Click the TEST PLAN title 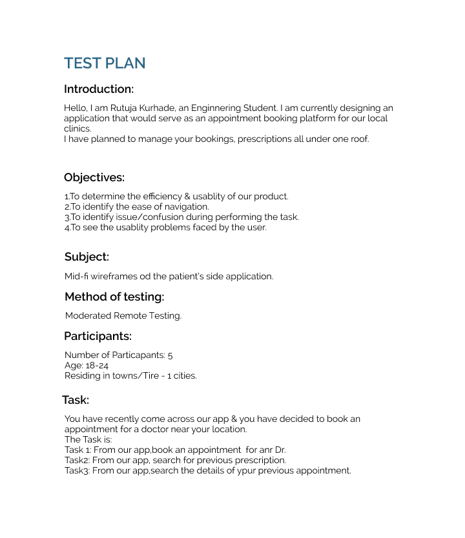105,63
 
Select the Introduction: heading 99,89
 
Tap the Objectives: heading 94,177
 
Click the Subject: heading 87,257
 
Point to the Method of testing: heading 114,297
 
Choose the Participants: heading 98,336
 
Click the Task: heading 76,400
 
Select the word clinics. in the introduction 77,129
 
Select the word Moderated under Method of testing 88,316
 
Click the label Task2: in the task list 77,461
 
